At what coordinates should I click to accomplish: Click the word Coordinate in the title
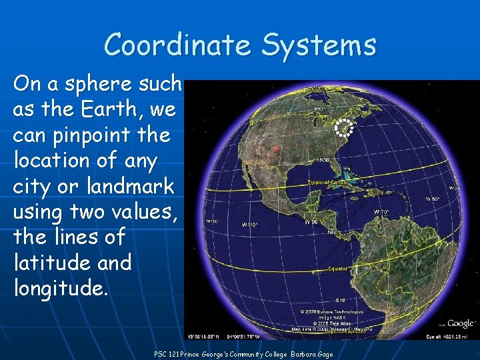coord(177,45)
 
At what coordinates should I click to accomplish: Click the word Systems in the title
coord(319,45)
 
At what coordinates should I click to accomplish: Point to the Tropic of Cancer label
coord(327,182)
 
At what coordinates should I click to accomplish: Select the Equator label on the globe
coord(337,269)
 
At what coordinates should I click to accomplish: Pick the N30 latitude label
coord(325,159)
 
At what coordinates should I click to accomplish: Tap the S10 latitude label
coord(341,301)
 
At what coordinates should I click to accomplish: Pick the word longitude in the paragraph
coord(59,288)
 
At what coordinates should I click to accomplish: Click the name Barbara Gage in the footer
coord(311,355)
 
